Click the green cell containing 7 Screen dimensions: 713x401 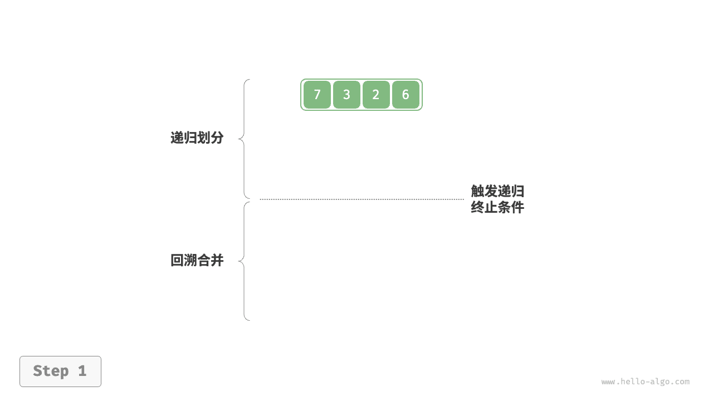coord(317,95)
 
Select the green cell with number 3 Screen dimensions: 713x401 coord(346,95)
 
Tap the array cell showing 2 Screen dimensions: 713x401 coord(376,95)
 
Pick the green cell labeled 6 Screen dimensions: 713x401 coord(406,95)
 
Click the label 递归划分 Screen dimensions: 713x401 coord(197,138)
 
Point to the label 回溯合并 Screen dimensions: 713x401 coord(197,260)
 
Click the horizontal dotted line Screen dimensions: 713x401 coord(362,199)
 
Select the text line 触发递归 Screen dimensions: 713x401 coord(497,191)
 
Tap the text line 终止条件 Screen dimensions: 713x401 coord(497,208)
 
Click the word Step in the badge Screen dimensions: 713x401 coord(51,371)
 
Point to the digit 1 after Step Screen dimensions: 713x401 coord(82,371)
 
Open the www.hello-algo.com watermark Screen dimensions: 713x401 coord(646,382)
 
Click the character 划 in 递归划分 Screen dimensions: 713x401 coord(204,138)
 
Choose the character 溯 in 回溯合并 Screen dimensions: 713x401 coord(191,260)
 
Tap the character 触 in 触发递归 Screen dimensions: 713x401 coord(477,191)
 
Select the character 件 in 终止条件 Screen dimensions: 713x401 coord(518,208)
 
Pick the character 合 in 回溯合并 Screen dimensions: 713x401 coord(204,260)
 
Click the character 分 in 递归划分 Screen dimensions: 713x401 coord(217,138)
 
